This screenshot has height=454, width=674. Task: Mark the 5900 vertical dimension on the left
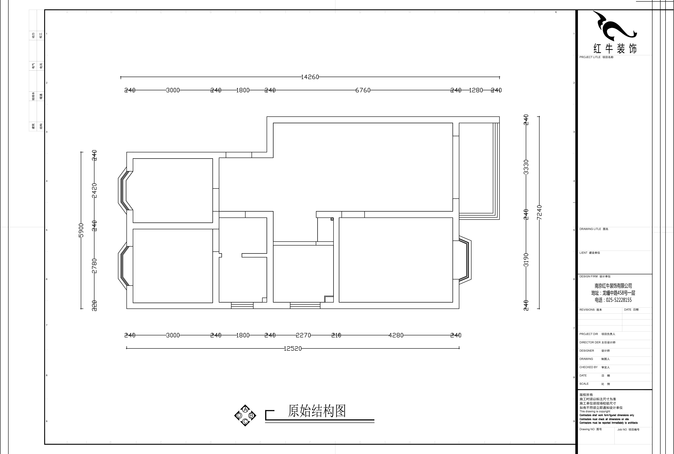81,230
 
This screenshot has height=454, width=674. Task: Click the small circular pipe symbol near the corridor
332,219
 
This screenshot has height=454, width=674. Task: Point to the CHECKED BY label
588,367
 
